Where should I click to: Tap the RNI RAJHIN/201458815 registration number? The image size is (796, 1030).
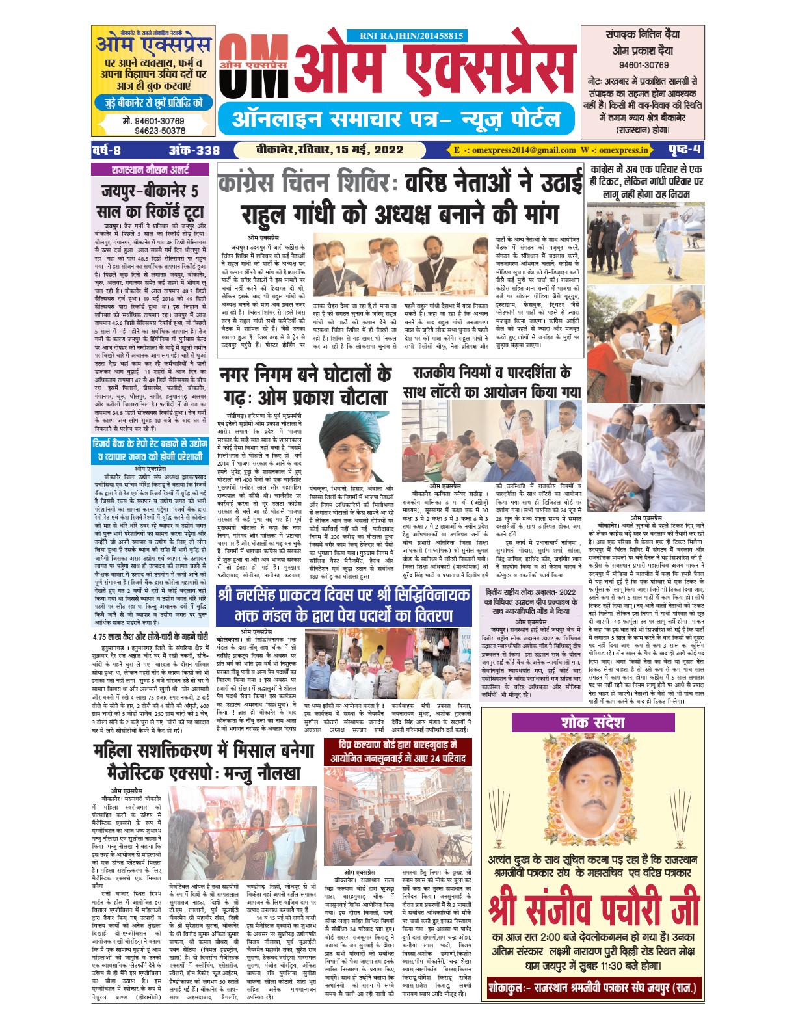click(411, 36)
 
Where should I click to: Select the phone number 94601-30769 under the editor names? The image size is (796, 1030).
click(643, 65)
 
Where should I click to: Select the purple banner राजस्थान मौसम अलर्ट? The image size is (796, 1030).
click(151, 170)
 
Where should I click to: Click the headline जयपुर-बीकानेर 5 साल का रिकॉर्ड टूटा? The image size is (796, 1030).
click(151, 202)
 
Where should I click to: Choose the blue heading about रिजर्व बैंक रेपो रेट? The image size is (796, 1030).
click(150, 449)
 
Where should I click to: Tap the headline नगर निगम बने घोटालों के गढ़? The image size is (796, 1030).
click(304, 386)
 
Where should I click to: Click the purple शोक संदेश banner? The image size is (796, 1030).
click(592, 722)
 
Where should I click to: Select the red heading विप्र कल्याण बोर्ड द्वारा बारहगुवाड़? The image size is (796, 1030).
click(397, 751)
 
